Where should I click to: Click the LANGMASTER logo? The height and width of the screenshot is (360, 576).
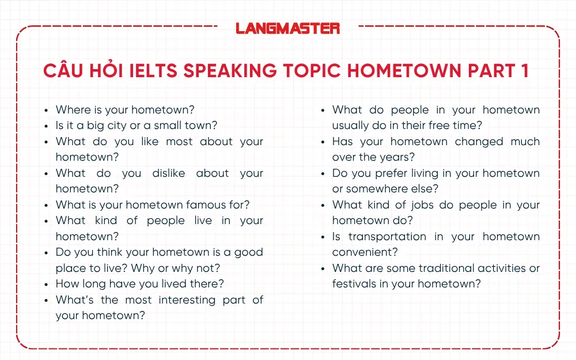(288, 28)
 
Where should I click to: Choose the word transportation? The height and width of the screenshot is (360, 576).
(387, 236)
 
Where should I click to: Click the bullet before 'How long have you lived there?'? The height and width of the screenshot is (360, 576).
(47, 284)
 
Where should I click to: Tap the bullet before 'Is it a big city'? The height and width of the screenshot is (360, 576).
(47, 126)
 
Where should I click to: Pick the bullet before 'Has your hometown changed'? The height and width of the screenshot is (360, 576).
(324, 142)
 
